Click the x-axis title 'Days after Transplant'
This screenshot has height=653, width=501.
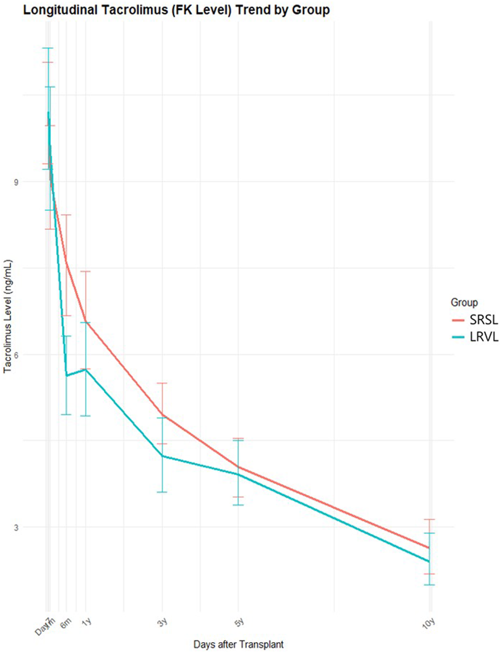tap(238, 644)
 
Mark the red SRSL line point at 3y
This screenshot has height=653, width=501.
tap(162, 415)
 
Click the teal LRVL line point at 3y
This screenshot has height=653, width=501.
tap(162, 456)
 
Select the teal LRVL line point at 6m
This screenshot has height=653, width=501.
tap(66, 375)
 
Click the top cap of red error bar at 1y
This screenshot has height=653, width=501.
tap(85, 271)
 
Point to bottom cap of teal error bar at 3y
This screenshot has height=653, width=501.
tap(162, 492)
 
